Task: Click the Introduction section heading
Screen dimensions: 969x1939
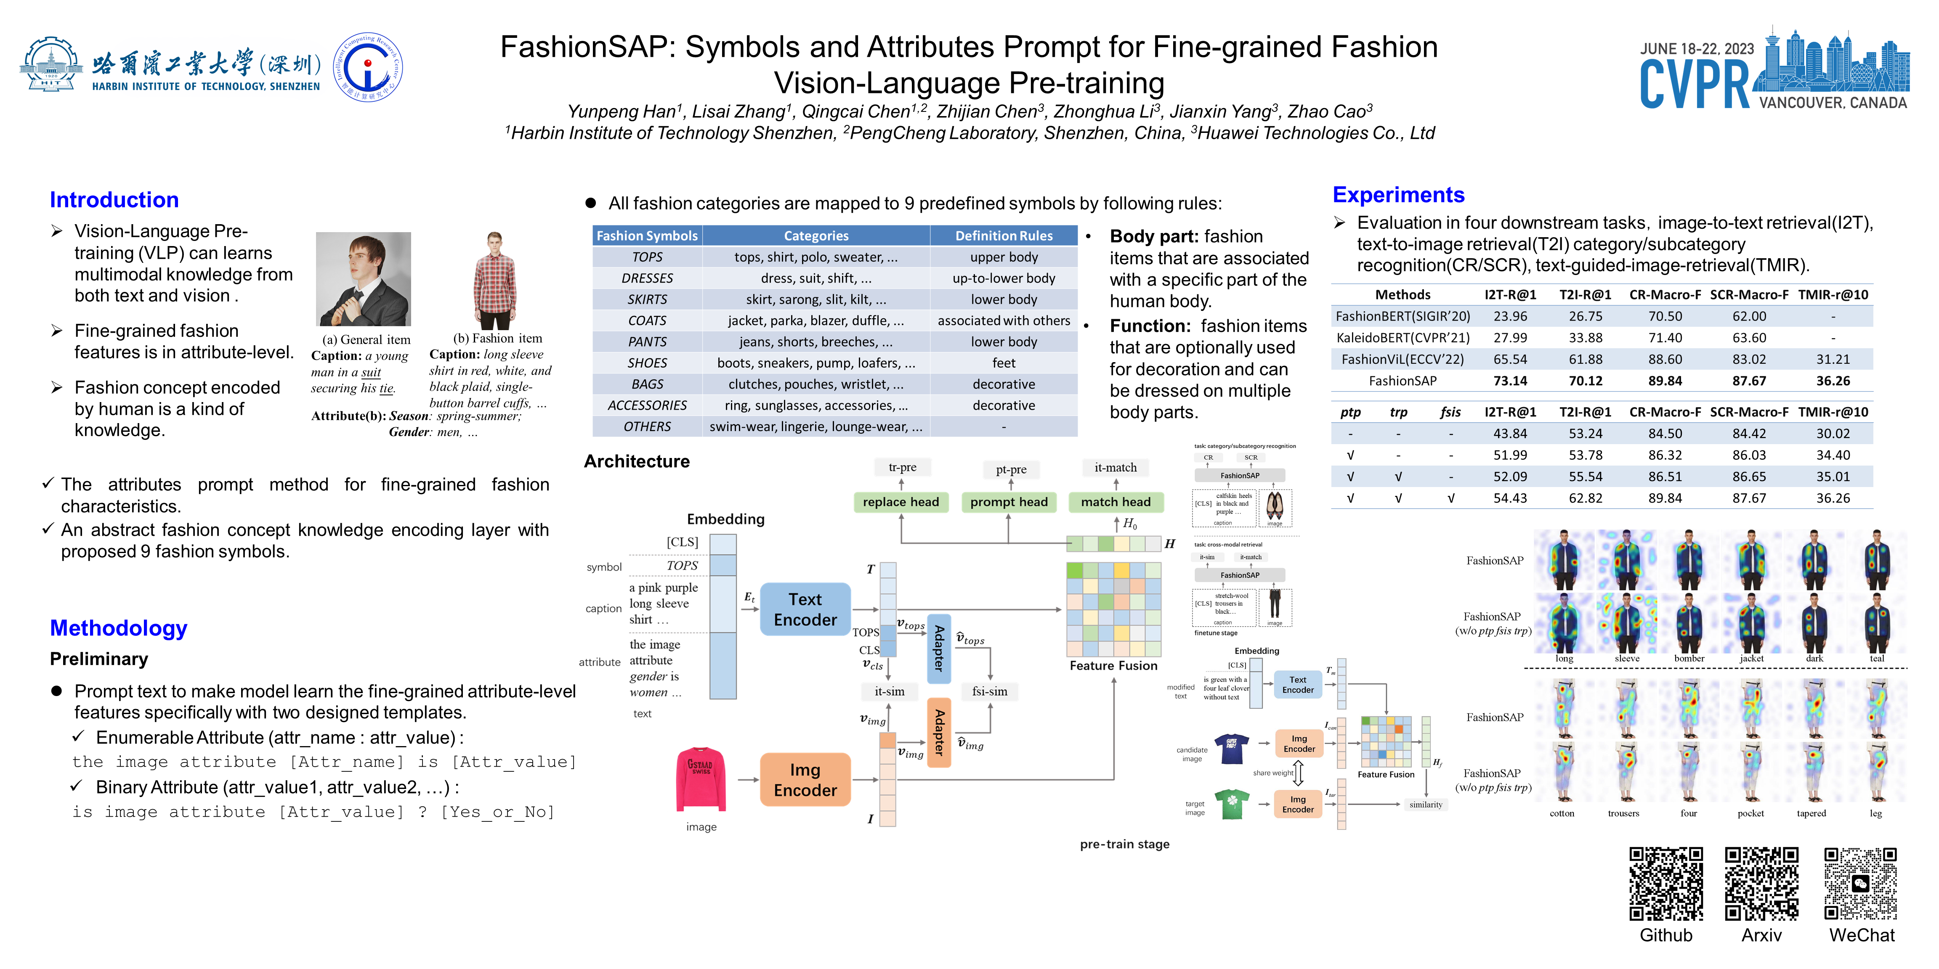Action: point(114,200)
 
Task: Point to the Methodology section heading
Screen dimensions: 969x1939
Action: point(118,628)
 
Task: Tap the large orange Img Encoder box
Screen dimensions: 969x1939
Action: point(805,779)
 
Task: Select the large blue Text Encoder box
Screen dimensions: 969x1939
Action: point(805,609)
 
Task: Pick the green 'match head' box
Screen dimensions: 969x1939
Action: point(1116,502)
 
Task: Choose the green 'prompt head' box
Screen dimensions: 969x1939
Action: point(1009,502)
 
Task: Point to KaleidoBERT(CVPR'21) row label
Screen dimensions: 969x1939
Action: point(1402,338)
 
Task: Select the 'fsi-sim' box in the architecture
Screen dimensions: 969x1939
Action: point(989,691)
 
